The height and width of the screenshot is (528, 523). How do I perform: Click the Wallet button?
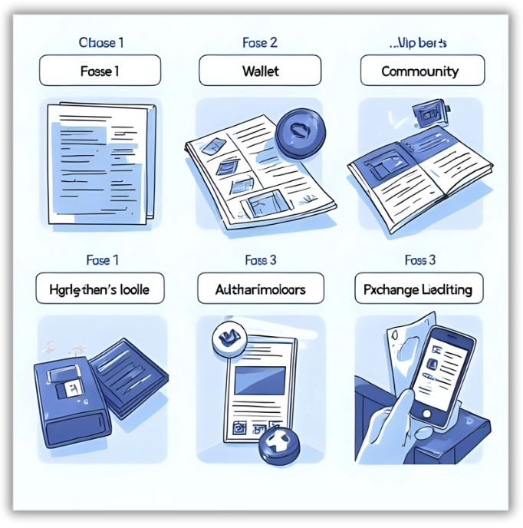(261, 71)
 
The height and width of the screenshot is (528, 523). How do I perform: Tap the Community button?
(422, 71)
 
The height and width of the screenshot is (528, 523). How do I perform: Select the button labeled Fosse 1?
(99, 71)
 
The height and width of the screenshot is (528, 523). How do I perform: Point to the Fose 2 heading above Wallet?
(260, 42)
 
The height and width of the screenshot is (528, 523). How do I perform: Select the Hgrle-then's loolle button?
(99, 290)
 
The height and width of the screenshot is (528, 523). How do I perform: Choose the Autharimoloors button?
(261, 290)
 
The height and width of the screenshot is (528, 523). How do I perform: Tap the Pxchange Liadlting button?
(419, 290)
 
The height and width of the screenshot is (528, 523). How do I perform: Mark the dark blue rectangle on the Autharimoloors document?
(261, 381)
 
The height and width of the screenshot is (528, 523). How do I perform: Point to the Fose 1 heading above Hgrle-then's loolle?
(98, 260)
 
